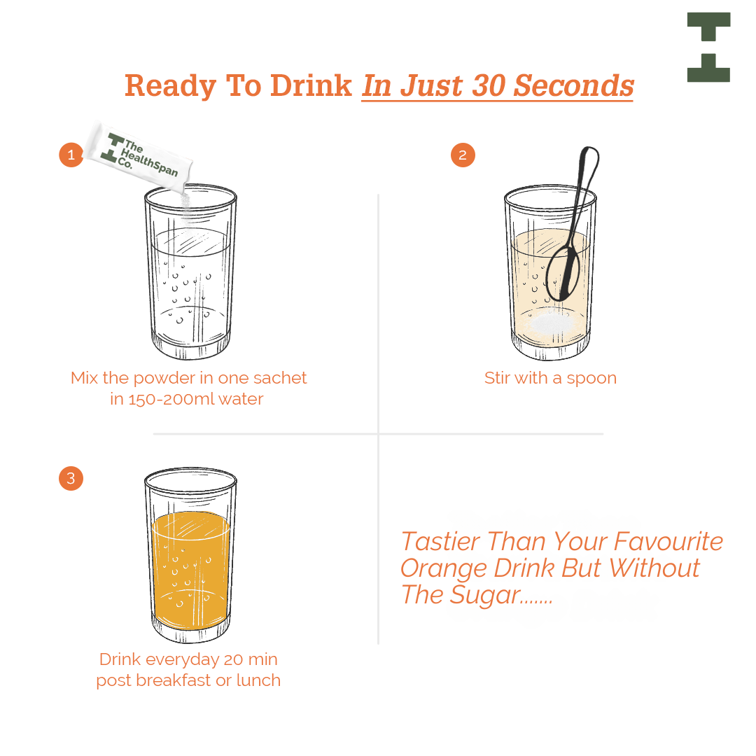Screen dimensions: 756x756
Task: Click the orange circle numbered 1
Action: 71,155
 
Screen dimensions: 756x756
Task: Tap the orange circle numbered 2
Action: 463,155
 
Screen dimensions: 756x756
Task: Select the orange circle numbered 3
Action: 71,478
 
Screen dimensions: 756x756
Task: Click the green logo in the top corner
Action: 708,48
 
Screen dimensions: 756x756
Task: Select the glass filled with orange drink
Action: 190,555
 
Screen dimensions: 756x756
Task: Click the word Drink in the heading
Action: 311,86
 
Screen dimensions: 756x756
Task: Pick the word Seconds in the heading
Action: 573,86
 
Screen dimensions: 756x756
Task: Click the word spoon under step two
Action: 591,379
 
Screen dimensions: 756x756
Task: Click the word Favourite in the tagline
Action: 668,541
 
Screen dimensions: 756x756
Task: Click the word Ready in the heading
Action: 171,87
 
